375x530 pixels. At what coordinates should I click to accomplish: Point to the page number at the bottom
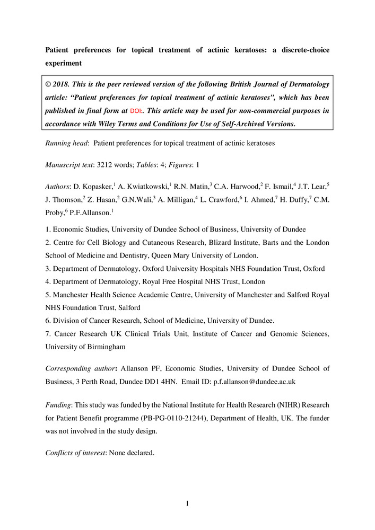click(187, 503)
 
